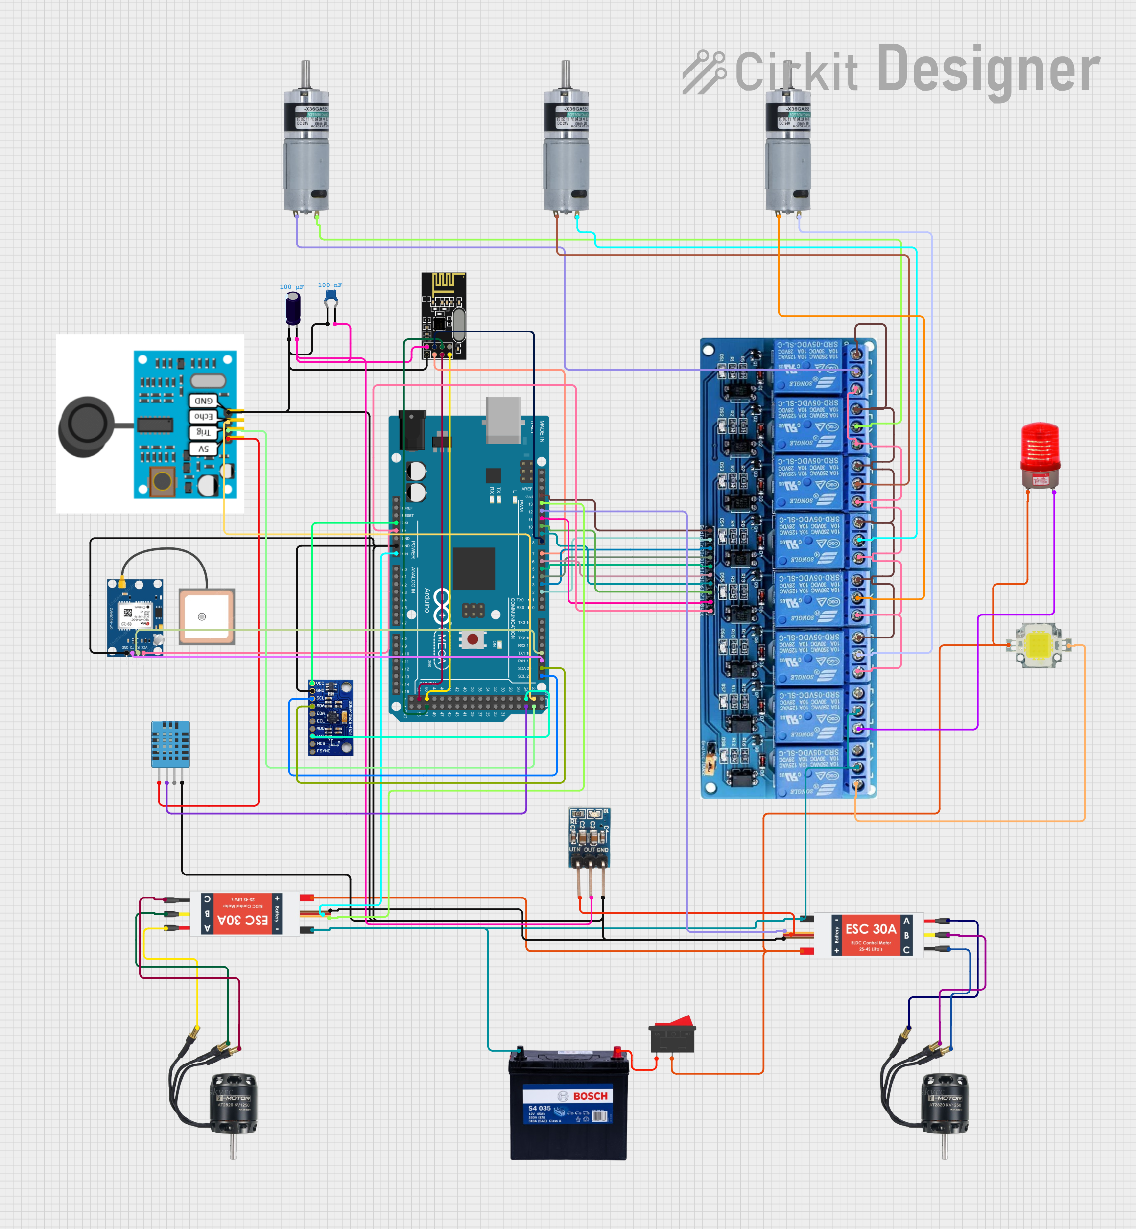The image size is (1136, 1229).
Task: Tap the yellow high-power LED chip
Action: pos(1038,644)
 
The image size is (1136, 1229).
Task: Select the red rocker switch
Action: pos(673,1034)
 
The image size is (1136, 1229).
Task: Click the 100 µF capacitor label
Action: pos(291,287)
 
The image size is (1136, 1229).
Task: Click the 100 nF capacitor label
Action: pos(330,285)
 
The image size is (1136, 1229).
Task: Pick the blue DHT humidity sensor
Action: pos(170,744)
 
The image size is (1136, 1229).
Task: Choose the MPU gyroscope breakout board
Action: pos(331,717)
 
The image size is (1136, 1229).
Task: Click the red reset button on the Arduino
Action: pos(472,639)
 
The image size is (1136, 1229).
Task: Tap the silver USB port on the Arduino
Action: pos(503,419)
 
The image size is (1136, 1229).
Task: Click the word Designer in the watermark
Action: pos(988,71)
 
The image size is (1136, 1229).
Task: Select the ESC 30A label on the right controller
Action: pos(871,929)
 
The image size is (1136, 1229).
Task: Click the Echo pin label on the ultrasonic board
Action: pos(204,417)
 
